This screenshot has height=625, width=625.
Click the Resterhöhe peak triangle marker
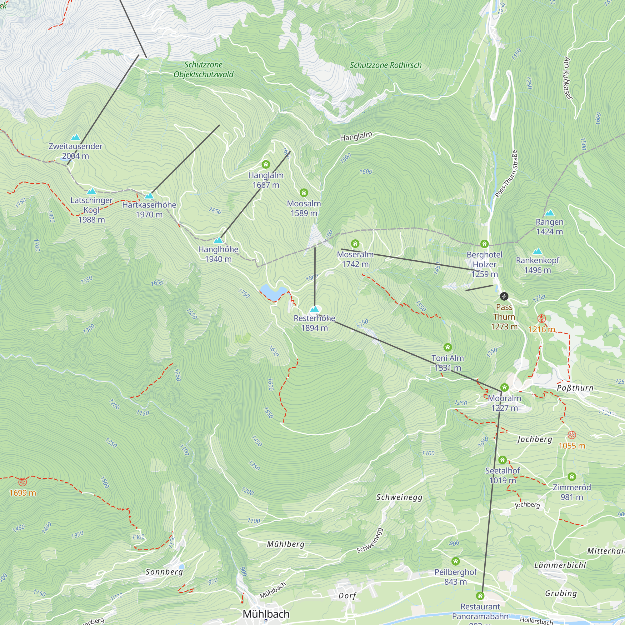(314, 309)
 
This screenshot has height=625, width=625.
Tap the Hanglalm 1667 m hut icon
(266, 164)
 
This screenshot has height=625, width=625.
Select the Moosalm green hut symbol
(303, 193)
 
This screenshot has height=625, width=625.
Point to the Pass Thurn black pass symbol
(504, 296)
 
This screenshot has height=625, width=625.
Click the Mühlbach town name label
(266, 614)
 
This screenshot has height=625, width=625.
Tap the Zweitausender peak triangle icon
(75, 137)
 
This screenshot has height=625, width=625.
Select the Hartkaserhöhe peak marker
(149, 196)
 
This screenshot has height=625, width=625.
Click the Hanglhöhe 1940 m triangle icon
(218, 240)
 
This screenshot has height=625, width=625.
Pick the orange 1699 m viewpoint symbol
(22, 482)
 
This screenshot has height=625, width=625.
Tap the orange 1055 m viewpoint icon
(572, 435)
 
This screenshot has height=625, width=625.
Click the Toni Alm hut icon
(447, 347)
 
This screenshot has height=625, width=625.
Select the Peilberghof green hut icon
(456, 561)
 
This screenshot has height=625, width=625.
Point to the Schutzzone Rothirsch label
(386, 65)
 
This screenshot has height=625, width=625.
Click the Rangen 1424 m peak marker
(549, 213)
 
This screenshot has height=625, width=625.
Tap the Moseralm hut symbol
(355, 244)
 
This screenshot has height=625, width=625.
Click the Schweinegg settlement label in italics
(399, 497)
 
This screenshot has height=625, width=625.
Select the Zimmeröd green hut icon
(572, 476)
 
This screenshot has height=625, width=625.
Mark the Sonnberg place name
(164, 572)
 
